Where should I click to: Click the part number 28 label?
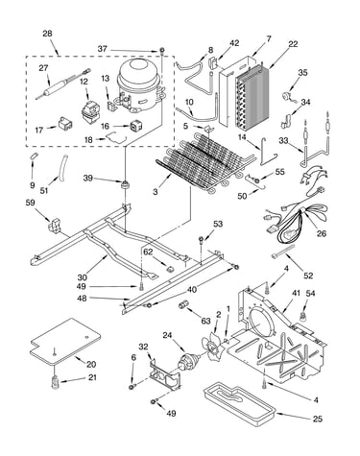pos(47,34)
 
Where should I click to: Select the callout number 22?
pos(293,44)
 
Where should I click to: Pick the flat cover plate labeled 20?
pos(65,343)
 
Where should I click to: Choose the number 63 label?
pos(205,321)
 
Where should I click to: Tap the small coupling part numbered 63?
pos(183,304)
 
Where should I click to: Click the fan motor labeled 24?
pos(188,361)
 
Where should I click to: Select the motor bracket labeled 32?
pos(165,375)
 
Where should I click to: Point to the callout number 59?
pos(31,203)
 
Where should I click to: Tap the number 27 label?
pos(43,68)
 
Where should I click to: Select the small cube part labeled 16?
pos(135,126)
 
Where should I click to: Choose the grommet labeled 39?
pos(124,184)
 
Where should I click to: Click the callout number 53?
pos(218,224)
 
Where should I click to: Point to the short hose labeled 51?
pos(62,165)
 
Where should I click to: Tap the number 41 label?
pos(296,293)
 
